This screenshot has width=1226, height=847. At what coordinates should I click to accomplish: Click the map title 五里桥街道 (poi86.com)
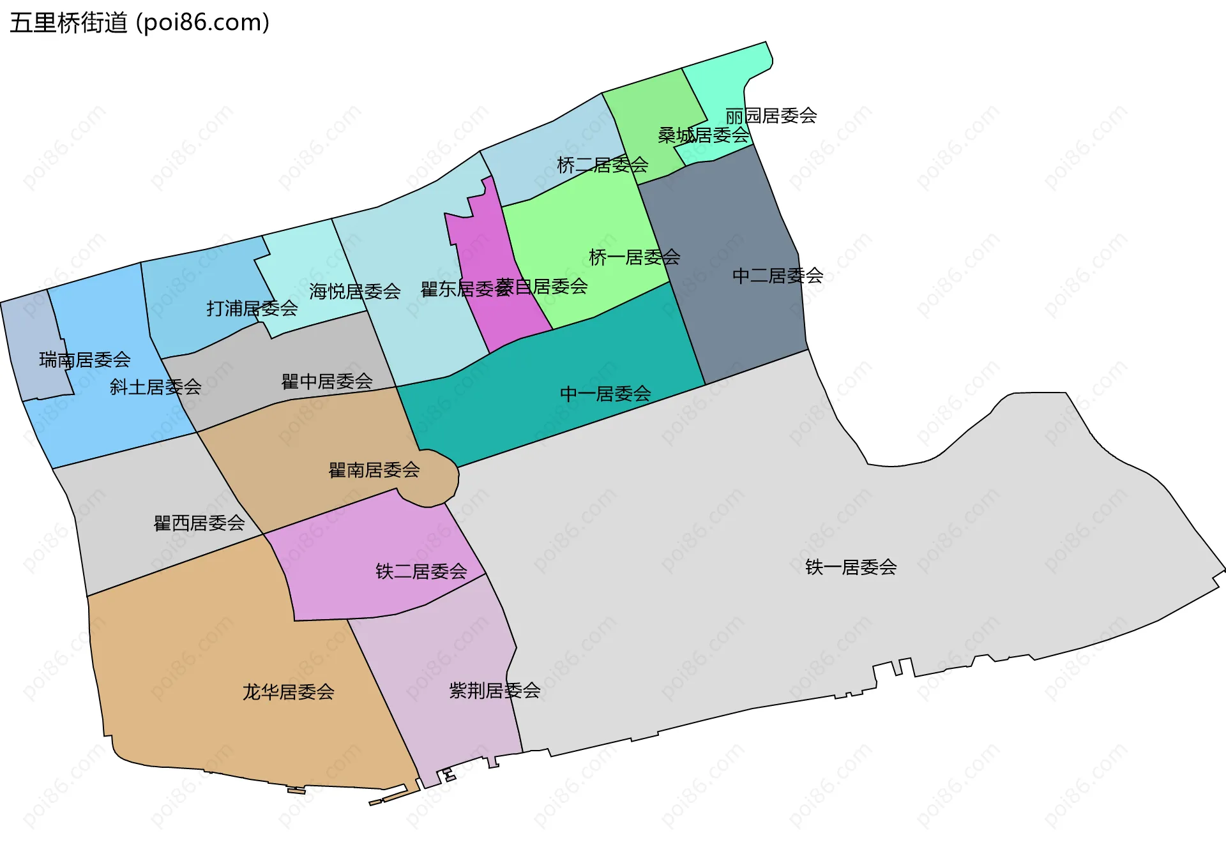click(139, 23)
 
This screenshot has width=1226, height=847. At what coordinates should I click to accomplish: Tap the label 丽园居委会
click(771, 116)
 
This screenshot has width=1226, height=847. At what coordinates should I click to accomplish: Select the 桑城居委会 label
click(703, 135)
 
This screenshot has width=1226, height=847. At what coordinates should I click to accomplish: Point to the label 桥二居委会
click(602, 165)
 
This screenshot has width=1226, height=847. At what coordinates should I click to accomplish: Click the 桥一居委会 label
click(634, 257)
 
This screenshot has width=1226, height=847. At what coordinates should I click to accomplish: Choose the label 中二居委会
click(777, 276)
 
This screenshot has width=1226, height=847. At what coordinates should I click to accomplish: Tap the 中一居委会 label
click(605, 394)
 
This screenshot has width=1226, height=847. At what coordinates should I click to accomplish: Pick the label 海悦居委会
click(354, 292)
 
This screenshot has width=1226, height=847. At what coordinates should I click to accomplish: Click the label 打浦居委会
click(252, 309)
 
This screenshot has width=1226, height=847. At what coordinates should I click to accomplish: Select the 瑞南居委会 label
click(84, 360)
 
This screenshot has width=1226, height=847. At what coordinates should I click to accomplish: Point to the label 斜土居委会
click(155, 387)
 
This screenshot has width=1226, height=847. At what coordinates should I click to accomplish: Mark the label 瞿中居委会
click(327, 382)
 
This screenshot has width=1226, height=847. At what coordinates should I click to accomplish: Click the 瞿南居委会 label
click(374, 470)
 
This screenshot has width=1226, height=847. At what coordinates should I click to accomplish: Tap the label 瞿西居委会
click(199, 523)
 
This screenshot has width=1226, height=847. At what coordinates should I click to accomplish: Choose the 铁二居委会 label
click(421, 571)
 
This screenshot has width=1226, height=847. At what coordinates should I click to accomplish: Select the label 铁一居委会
click(851, 567)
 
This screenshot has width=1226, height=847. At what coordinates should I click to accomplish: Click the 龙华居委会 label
click(288, 692)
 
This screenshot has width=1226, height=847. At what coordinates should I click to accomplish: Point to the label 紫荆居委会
click(494, 691)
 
